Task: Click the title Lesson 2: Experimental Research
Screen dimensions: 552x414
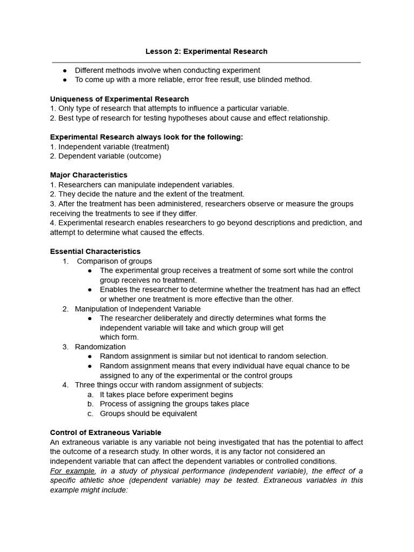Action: [x=206, y=51]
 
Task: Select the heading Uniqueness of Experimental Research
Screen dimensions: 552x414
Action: [x=119, y=99]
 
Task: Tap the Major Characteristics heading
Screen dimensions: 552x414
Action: [x=88, y=175]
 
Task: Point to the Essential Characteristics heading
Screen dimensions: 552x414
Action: [x=95, y=251]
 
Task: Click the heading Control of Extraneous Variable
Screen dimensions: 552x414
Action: [x=105, y=432]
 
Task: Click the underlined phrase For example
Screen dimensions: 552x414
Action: [x=72, y=471]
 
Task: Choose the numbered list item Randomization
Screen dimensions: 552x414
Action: [x=100, y=347]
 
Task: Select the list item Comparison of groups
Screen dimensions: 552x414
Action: [x=114, y=261]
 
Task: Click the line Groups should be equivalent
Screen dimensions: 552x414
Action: [x=148, y=413]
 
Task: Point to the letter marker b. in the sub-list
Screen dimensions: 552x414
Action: [x=91, y=404]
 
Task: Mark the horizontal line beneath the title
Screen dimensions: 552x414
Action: [x=206, y=63]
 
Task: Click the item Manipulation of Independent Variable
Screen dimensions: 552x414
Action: [x=137, y=309]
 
